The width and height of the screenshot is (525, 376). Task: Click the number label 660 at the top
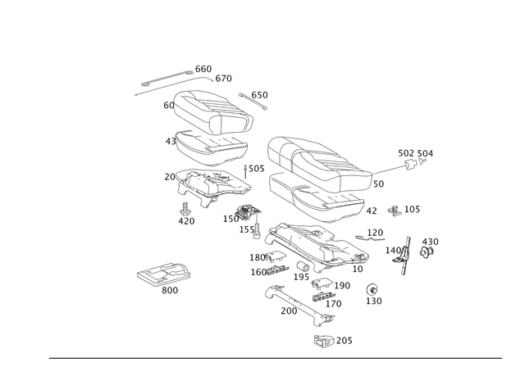tap(203, 67)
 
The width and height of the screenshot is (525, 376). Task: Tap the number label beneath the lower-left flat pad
tap(169, 290)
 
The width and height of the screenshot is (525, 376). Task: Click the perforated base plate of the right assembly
tap(316, 246)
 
